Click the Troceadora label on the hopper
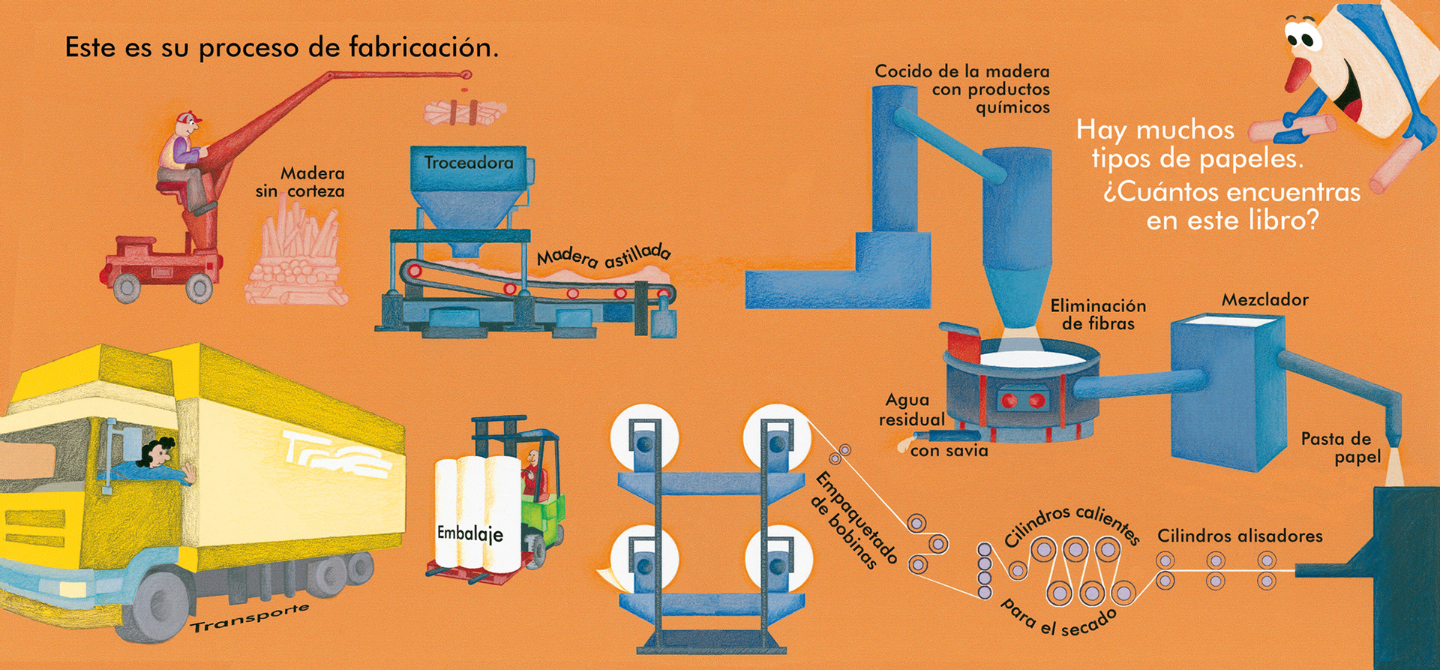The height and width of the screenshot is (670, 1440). (469, 163)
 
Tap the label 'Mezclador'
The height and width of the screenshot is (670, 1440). (1264, 300)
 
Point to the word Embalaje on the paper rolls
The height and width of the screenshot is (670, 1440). (469, 533)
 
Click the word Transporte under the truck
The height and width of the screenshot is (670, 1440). (249, 617)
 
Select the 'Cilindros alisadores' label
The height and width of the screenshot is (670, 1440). (1240, 536)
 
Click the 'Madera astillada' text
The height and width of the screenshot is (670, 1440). (603, 257)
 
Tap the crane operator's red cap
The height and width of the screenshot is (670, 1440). (188, 119)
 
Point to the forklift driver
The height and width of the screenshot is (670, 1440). (533, 473)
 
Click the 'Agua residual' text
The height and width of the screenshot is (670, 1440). (910, 410)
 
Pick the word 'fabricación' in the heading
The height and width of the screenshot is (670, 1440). (424, 47)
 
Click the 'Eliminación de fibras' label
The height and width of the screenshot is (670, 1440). (1098, 314)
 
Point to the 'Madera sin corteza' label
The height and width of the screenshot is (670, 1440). (301, 182)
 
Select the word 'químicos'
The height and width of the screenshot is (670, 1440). (1012, 107)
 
